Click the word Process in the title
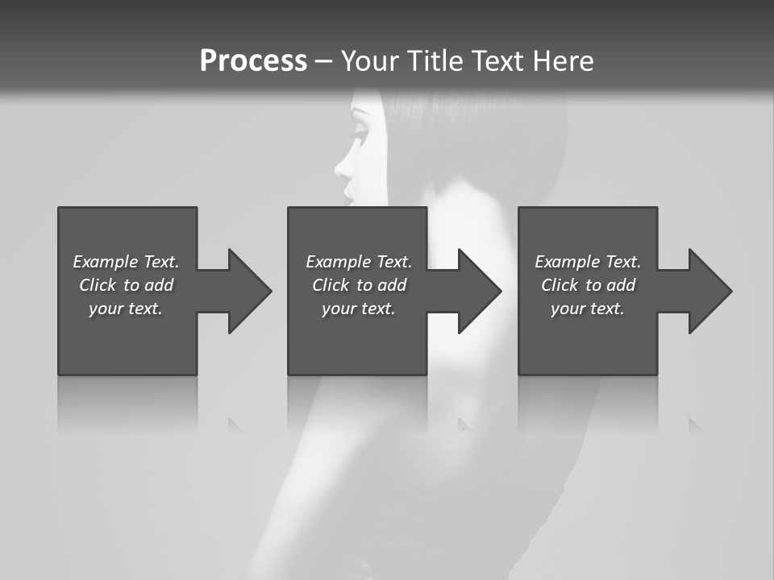(253, 61)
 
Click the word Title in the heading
(436, 61)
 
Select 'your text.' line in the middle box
(358, 309)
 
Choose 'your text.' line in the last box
(587, 309)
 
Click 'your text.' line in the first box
(126, 309)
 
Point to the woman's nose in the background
(342, 168)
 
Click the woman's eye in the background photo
(360, 129)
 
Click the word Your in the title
(371, 61)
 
